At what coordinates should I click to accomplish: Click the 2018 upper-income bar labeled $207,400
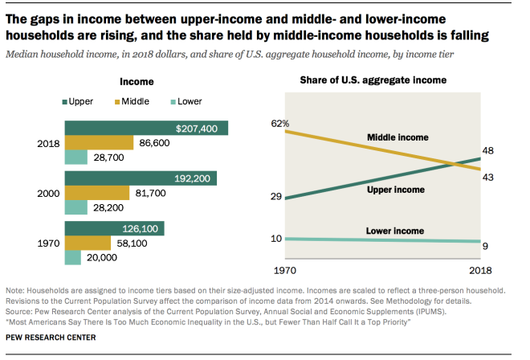pyautogui.click(x=146, y=129)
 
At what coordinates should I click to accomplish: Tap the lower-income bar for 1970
pyautogui.click(x=73, y=257)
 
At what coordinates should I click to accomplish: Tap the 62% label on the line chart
pyautogui.click(x=280, y=123)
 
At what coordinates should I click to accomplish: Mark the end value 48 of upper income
pyautogui.click(x=487, y=150)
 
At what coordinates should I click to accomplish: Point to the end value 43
pyautogui.click(x=487, y=177)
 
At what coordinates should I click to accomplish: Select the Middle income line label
pyautogui.click(x=397, y=137)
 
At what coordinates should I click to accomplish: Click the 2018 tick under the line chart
pyautogui.click(x=481, y=269)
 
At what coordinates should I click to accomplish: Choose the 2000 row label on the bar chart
pyautogui.click(x=48, y=194)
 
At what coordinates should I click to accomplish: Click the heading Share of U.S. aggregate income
pyautogui.click(x=373, y=80)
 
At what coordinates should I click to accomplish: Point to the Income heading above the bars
pyautogui.click(x=137, y=81)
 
